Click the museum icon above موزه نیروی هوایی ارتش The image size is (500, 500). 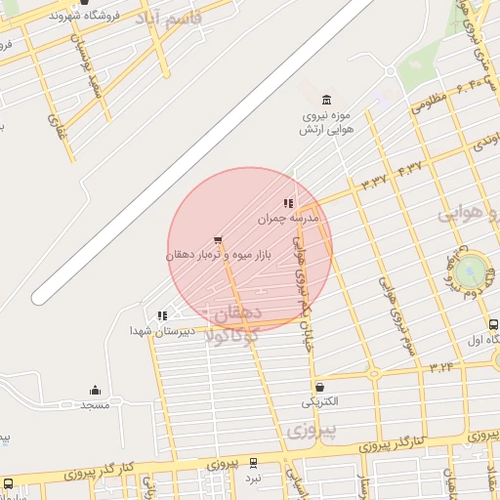[x=326, y=99]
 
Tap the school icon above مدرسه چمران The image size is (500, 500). [x=288, y=203]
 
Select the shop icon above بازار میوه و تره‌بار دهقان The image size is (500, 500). [x=217, y=238]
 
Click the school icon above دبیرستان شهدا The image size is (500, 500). [x=162, y=315]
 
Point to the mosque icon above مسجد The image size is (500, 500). [x=95, y=390]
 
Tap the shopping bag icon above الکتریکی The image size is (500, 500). [x=319, y=387]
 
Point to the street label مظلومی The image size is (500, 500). [x=429, y=101]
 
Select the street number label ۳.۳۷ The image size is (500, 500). [x=374, y=182]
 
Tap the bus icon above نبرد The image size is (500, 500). [x=253, y=463]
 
